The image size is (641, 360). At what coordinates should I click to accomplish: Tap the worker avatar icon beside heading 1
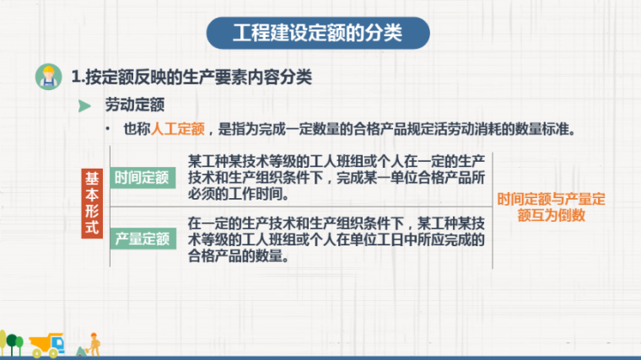[48, 77]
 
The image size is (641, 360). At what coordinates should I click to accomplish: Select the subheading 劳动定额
[133, 105]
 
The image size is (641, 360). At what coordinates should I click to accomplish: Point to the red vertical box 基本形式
[92, 203]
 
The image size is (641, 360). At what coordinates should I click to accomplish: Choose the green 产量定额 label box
[142, 239]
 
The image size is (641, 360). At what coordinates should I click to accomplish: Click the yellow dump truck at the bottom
[46, 343]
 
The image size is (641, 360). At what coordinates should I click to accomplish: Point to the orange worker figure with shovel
[94, 344]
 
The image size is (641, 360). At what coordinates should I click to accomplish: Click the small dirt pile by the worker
[79, 351]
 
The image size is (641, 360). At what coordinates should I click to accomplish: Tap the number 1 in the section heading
[76, 77]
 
